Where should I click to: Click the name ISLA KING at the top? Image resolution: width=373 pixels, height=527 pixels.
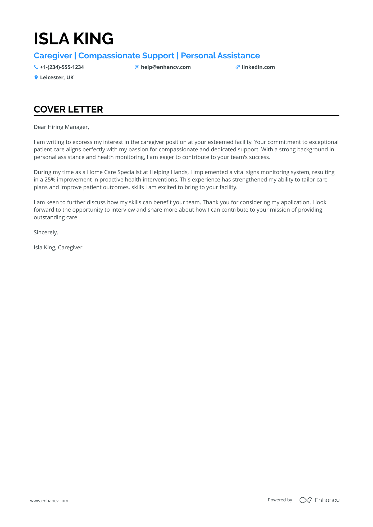[x=74, y=39]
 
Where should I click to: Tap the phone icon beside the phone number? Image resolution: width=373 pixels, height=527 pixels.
[x=36, y=67]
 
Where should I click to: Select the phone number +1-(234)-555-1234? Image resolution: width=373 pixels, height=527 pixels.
[x=62, y=67]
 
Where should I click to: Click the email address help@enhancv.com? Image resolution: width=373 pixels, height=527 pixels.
[x=166, y=67]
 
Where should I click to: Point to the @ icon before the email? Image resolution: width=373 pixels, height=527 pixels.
[x=137, y=67]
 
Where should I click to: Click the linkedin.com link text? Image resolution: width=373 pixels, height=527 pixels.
[x=258, y=67]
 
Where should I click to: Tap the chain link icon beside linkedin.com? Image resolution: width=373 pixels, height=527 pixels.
[x=238, y=67]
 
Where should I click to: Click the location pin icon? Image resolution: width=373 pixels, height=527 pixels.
[x=36, y=77]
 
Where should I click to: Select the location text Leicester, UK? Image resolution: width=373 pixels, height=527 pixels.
[x=57, y=77]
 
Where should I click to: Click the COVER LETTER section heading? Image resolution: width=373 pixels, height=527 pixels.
[x=68, y=109]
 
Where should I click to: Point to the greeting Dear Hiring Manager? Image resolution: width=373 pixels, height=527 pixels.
[x=61, y=127]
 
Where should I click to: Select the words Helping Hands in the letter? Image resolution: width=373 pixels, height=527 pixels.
[x=169, y=172]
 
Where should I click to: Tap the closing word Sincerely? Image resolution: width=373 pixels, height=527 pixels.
[x=46, y=232]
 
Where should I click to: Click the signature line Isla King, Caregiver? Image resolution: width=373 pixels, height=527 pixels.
[x=58, y=248]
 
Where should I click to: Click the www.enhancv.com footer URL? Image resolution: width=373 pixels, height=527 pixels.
[x=49, y=501]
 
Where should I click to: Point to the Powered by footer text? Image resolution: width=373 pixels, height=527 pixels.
[x=280, y=500]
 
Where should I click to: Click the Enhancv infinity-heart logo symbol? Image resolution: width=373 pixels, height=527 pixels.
[x=305, y=500]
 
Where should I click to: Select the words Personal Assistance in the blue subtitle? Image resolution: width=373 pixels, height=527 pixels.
[x=220, y=56]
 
